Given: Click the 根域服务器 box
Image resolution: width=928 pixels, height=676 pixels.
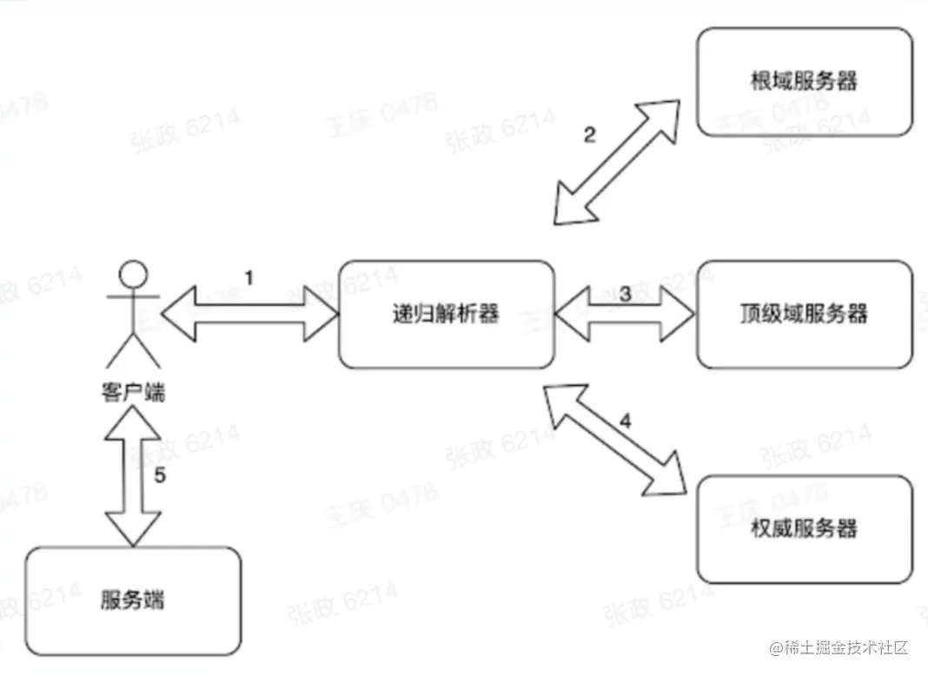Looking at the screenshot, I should [x=805, y=81].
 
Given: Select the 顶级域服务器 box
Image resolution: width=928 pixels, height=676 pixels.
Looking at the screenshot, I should [x=805, y=313].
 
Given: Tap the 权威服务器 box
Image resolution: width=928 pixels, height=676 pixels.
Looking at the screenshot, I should [x=805, y=528].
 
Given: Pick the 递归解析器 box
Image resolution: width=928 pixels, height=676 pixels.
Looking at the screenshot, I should [x=446, y=313].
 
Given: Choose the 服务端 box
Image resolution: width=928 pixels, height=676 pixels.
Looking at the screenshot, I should [x=133, y=600].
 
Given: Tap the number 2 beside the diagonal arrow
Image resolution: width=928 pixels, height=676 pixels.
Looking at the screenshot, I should [x=589, y=136].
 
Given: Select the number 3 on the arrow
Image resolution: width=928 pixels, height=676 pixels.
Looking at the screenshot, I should [x=625, y=294].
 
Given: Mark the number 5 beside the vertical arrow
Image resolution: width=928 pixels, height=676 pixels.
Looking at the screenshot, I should [x=159, y=475].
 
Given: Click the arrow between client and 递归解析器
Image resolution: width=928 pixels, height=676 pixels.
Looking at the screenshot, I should [x=250, y=313].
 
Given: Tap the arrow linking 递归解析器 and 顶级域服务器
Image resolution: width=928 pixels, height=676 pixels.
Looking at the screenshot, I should [x=626, y=314].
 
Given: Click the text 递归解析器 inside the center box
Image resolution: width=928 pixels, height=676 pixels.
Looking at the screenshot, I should [x=446, y=313].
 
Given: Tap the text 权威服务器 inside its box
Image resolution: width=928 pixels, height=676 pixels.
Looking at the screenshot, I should [x=805, y=528].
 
